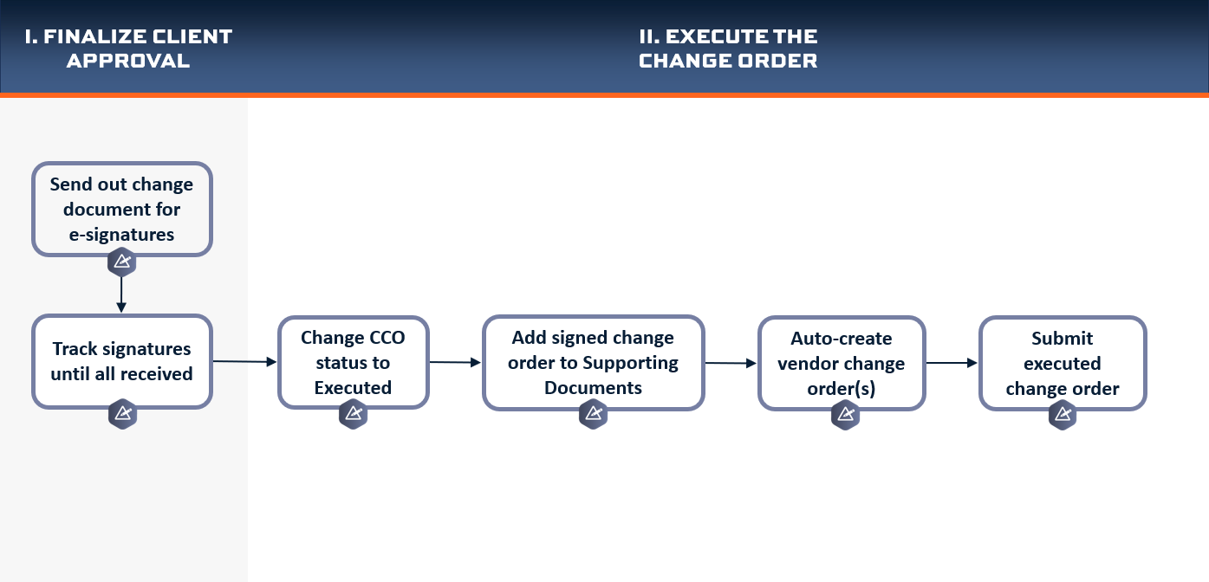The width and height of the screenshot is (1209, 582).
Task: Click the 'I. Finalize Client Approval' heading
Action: coord(128,48)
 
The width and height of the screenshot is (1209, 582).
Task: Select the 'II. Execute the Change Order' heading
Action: coord(728,48)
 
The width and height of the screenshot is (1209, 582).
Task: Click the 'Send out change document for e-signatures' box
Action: coord(122,209)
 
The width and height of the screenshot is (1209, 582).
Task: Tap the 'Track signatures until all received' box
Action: coord(122,361)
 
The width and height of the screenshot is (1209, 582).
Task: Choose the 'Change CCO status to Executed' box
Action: coord(354,362)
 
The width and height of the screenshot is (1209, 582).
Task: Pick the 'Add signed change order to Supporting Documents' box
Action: coord(593,363)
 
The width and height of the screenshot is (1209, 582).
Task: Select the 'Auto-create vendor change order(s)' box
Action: coord(842,363)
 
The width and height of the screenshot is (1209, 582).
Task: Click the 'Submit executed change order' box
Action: coord(1063,363)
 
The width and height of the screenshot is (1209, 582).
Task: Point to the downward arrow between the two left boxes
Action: coord(121,294)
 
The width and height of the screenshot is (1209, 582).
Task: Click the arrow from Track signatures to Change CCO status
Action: coord(244,361)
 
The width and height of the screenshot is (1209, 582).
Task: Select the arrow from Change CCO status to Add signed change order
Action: coord(455,363)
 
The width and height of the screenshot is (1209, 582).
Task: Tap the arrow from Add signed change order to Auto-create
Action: coord(731,363)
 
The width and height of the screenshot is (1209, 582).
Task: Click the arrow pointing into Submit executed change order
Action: coord(952,363)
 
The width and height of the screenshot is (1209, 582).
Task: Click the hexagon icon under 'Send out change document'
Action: coord(122,262)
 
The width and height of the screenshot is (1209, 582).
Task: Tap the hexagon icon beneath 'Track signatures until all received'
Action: coord(122,414)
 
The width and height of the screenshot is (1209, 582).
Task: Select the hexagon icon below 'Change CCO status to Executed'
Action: coord(354,414)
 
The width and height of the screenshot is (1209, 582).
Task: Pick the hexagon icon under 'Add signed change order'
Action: coord(593,414)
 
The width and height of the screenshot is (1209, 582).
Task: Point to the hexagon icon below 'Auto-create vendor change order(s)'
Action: coord(845,415)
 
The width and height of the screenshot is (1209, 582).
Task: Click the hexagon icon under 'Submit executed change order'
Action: coord(1063,415)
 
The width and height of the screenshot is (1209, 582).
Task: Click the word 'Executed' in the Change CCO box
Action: coord(353,388)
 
